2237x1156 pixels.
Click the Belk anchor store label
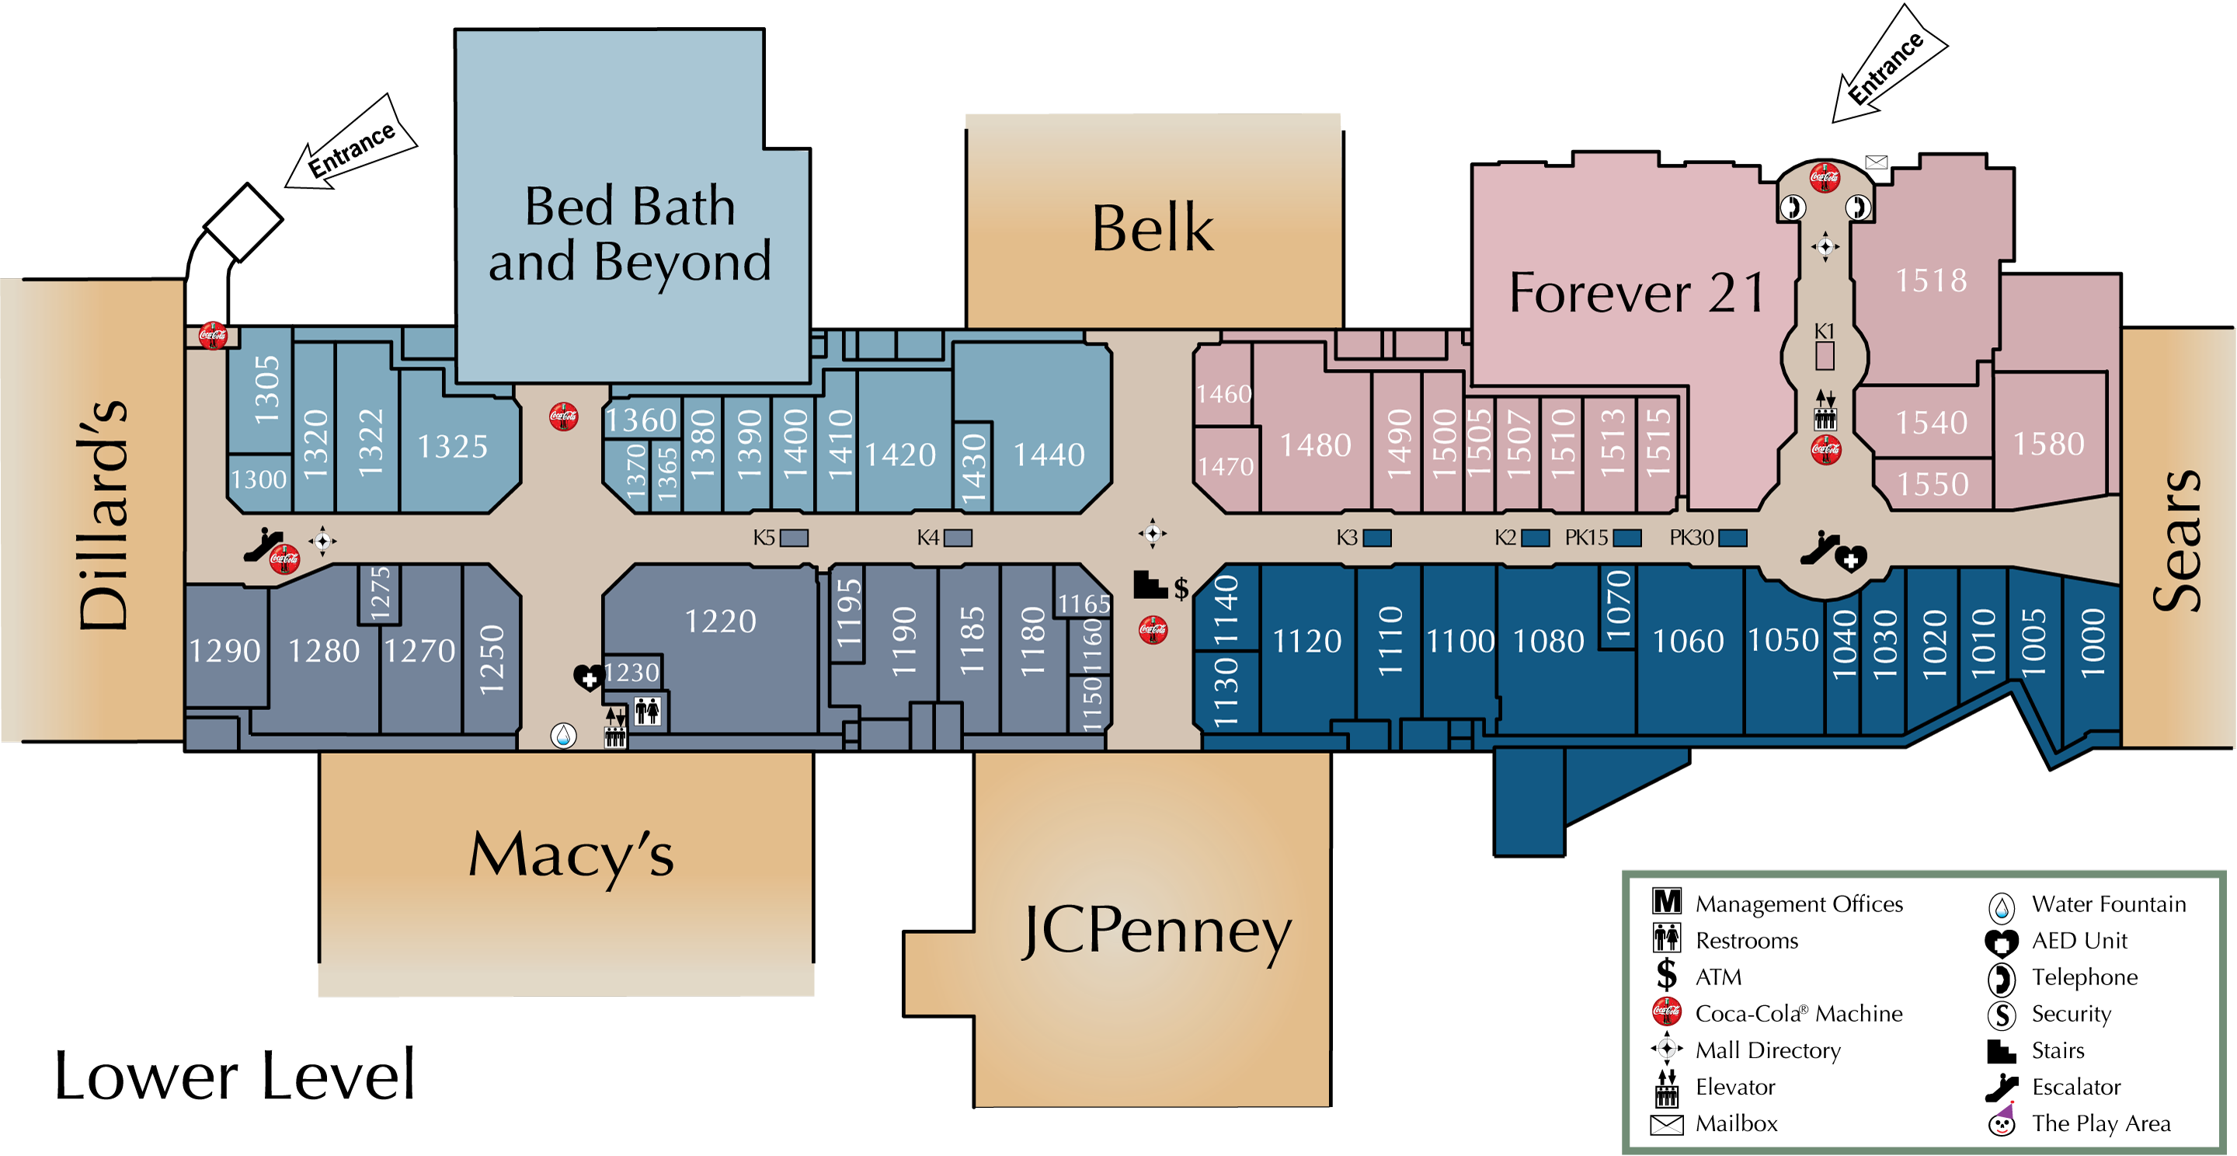point(1153,228)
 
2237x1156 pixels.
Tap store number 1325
point(452,447)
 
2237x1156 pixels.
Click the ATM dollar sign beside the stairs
point(1181,589)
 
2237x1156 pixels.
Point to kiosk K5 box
point(794,538)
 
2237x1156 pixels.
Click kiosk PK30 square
point(1732,538)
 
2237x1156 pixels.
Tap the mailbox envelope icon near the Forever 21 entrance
point(1876,162)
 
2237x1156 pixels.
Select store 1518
point(1930,280)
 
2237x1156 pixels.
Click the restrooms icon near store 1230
point(647,712)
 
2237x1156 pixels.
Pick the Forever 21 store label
point(1636,293)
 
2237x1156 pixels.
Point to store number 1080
point(1548,641)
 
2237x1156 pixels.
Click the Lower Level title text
point(235,1075)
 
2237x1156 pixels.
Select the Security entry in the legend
point(2071,1014)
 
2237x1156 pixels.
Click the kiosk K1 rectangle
point(1825,355)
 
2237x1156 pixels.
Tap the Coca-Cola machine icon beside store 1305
point(213,336)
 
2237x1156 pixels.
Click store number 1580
point(2048,444)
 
